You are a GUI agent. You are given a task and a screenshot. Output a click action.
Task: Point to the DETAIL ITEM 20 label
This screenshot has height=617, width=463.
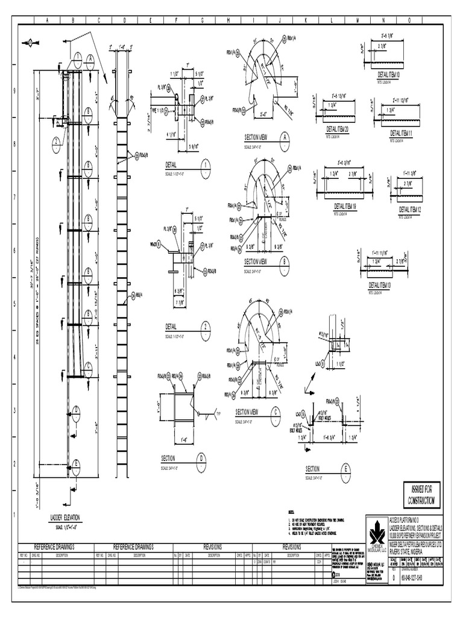tap(341, 129)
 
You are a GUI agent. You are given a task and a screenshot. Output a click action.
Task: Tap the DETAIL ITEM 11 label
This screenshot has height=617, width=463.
tap(397, 132)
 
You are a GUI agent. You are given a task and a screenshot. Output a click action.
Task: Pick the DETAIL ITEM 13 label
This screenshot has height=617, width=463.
tap(380, 285)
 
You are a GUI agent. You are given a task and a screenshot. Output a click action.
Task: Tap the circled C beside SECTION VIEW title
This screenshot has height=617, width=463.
tap(276, 412)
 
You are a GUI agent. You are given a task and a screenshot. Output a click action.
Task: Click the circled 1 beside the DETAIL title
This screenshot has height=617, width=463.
tap(206, 164)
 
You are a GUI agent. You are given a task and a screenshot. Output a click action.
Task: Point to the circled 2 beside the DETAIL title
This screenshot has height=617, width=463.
tap(206, 327)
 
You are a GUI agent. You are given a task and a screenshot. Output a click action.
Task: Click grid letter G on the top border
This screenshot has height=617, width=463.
tap(203, 20)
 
